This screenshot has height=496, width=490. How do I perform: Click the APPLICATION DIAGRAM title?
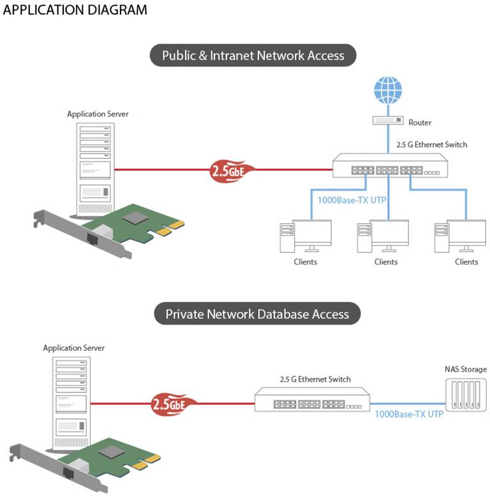(x=75, y=10)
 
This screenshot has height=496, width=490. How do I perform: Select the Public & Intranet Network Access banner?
(x=253, y=56)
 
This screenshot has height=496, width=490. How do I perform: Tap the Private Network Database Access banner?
(x=257, y=314)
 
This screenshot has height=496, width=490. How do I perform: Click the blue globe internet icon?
(x=388, y=91)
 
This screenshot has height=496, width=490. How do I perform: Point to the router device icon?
(x=388, y=121)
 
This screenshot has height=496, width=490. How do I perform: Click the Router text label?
(x=420, y=122)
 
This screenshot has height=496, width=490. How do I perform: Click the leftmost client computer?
(x=306, y=236)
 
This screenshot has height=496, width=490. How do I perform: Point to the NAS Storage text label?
(x=465, y=369)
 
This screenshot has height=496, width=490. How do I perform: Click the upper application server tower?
(x=94, y=169)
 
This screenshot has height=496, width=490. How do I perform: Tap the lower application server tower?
(x=70, y=403)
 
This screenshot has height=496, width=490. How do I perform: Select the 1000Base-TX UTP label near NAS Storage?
(x=408, y=414)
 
